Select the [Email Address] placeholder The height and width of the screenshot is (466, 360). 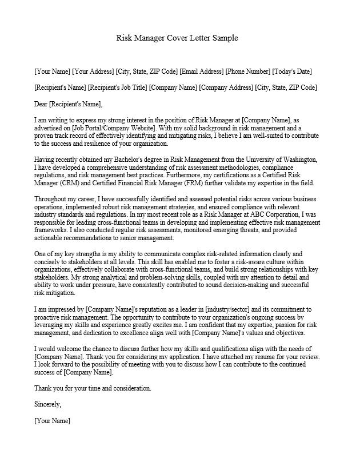(x=201, y=71)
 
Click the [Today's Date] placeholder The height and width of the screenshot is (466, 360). (x=292, y=71)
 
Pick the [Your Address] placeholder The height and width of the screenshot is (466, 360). (x=93, y=71)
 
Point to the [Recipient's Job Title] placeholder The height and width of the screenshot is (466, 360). (x=118, y=87)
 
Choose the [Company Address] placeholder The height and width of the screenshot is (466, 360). (x=225, y=87)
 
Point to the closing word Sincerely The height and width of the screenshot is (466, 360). (x=48, y=404)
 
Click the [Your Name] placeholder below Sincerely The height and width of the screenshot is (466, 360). (x=52, y=420)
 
